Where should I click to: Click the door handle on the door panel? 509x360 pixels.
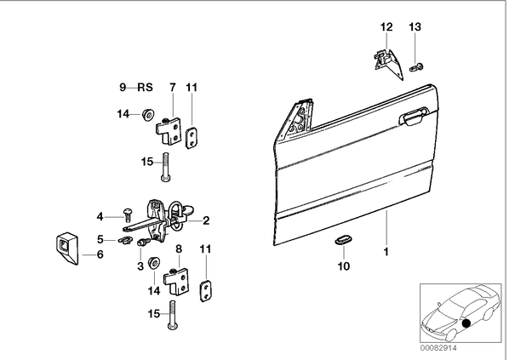pos(414,117)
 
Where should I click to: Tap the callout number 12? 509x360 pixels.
pos(386,27)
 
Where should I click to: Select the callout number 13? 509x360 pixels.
pos(415,27)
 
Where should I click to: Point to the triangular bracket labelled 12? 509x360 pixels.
pos(388,63)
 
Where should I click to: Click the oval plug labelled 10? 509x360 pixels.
pos(343,240)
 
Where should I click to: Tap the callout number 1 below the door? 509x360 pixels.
pos(386,252)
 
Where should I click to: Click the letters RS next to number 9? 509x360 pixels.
pos(145,87)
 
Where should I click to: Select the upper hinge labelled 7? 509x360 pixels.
pos(169,130)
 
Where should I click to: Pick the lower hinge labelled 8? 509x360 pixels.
pos(176,281)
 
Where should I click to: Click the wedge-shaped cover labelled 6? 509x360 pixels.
pos(67,249)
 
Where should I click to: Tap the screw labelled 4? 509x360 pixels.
pos(127,213)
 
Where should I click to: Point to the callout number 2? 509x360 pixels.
pos(206,220)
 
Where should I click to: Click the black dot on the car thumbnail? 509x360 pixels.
pos(466,323)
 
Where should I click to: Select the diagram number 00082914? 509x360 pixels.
pos(438,348)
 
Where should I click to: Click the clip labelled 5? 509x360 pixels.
pos(124,240)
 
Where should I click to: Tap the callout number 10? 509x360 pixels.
pos(344,266)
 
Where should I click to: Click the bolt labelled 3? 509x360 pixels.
pos(144,242)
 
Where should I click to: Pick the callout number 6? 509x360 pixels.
pos(100,254)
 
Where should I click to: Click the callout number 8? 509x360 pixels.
pos(179,249)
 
